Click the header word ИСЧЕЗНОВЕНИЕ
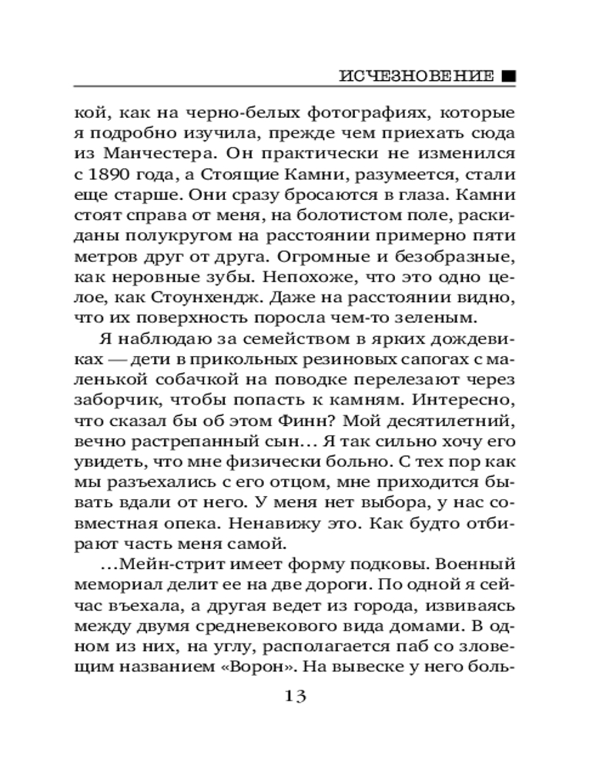(x=416, y=77)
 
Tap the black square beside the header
(x=508, y=77)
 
